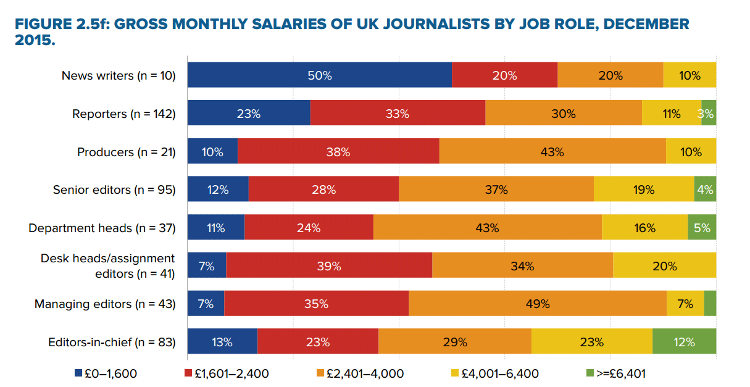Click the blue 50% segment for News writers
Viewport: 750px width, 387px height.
coord(319,75)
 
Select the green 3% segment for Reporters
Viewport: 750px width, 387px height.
coord(709,114)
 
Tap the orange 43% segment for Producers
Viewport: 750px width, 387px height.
coord(552,152)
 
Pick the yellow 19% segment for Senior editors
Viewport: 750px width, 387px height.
coord(643,189)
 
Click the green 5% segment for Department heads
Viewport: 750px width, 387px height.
coord(702,228)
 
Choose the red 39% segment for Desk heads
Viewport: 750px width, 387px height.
coord(328,266)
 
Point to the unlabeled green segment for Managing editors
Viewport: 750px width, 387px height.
coord(710,304)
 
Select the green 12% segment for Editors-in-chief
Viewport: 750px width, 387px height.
coord(684,342)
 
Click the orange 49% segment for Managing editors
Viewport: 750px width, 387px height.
coord(537,304)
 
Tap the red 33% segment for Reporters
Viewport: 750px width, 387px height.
coord(397,114)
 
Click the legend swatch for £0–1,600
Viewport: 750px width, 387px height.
coord(78,373)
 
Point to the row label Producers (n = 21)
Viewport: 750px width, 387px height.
coord(127,152)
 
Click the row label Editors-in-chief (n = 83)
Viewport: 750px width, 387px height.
coord(112,342)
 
